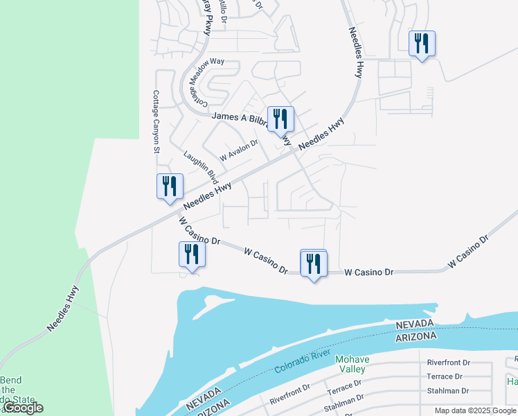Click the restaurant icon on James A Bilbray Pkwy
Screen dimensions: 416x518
pyautogui.click(x=280, y=119)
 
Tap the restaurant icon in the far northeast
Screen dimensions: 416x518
pyautogui.click(x=421, y=44)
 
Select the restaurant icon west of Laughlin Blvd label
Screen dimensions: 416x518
pyautogui.click(x=170, y=187)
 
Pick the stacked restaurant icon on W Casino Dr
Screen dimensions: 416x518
pyautogui.click(x=314, y=263)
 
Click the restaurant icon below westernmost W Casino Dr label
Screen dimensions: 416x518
pyautogui.click(x=192, y=254)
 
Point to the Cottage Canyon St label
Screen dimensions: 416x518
pyautogui.click(x=157, y=121)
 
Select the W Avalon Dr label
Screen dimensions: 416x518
pyautogui.click(x=238, y=148)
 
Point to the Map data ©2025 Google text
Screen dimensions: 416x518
pyautogui.click(x=475, y=410)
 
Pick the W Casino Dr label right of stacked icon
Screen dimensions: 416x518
pyautogui.click(x=369, y=272)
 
